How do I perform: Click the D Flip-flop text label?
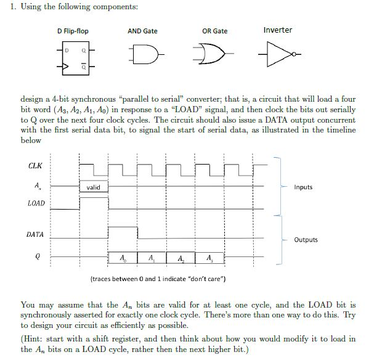[x=73, y=31]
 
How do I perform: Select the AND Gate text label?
[x=142, y=31]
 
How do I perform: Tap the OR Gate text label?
[x=214, y=31]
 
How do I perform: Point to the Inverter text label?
[x=277, y=30]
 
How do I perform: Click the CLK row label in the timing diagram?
[x=35, y=165]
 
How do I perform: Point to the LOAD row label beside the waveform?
[x=36, y=203]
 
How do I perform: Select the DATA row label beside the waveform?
[x=35, y=235]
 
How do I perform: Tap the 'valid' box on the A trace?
[x=93, y=187]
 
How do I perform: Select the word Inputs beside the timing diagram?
[x=303, y=187]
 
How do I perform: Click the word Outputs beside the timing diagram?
[x=306, y=240]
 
